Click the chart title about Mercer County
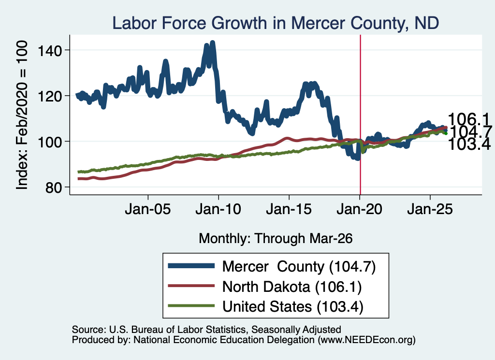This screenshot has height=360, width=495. pyautogui.click(x=276, y=23)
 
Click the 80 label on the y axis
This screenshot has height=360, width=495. pyautogui.click(x=53, y=187)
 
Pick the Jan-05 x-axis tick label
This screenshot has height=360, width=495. pyautogui.click(x=148, y=209)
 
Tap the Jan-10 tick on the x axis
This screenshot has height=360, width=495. pyautogui.click(x=218, y=209)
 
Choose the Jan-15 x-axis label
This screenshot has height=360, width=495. pyautogui.click(x=289, y=209)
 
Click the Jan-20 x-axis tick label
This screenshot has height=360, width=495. pyautogui.click(x=359, y=209)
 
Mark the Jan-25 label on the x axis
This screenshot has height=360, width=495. pyautogui.click(x=430, y=209)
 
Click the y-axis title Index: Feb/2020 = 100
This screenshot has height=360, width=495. pyautogui.click(x=22, y=115)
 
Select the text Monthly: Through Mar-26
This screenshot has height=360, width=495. pyautogui.click(x=276, y=239)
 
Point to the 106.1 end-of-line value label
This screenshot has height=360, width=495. pyautogui.click(x=468, y=119)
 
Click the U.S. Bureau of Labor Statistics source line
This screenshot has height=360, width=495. pyautogui.click(x=206, y=330)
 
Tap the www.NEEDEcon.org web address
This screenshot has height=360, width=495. pyautogui.click(x=366, y=340)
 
